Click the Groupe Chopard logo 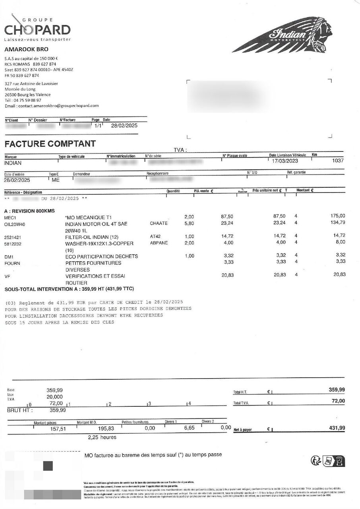pos(37,29)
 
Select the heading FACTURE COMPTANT pos(50,144)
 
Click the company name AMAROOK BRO pos(26,49)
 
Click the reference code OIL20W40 pos(15,223)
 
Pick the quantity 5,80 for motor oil pos(189,223)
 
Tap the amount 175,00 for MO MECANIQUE pos(338,216)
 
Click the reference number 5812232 pos(13,243)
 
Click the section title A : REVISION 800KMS pos(29,210)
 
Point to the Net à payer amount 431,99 pos(337,428)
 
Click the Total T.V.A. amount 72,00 pos(338,401)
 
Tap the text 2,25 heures pos(102,437)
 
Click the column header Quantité pos(173,191)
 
